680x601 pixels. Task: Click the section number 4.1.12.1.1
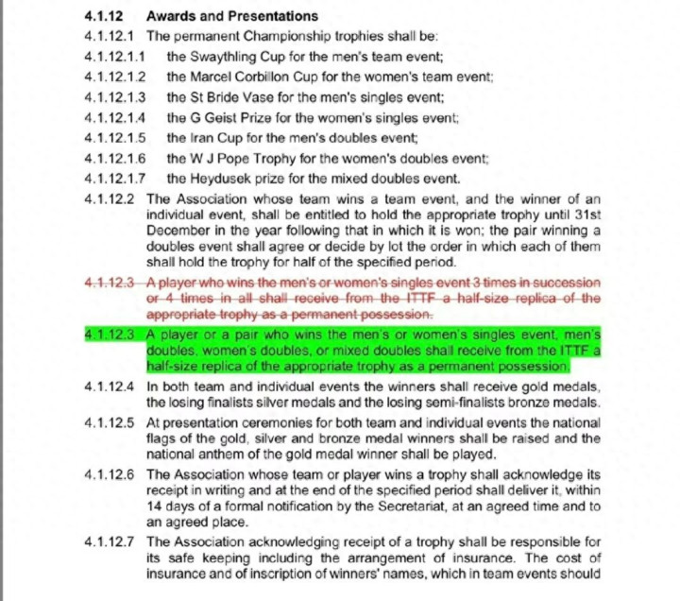pyautogui.click(x=114, y=56)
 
